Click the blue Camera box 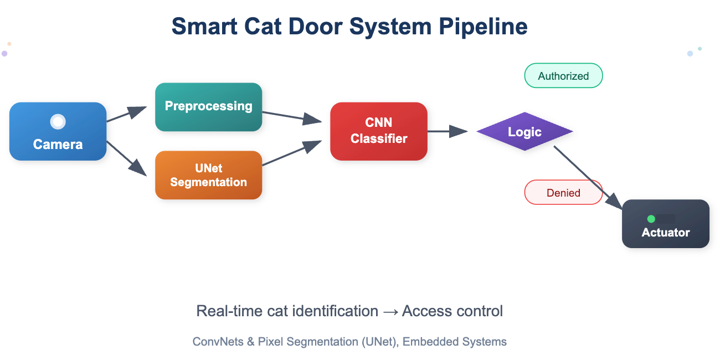pos(58,132)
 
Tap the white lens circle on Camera pos(58,122)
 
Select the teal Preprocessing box pos(208,107)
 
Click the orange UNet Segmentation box pos(208,175)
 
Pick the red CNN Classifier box pos(378,131)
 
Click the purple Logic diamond pos(524,132)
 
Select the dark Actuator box pos(665,224)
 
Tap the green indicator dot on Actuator pos(651,219)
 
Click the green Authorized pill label pos(563,76)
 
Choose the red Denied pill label pos(563,193)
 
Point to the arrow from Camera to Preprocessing pos(127,114)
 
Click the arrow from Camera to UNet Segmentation pos(127,158)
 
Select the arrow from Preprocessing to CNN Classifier pos(291,116)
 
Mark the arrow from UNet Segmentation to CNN pos(291,153)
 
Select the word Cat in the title pos(269,26)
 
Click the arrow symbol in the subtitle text pos(390,311)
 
